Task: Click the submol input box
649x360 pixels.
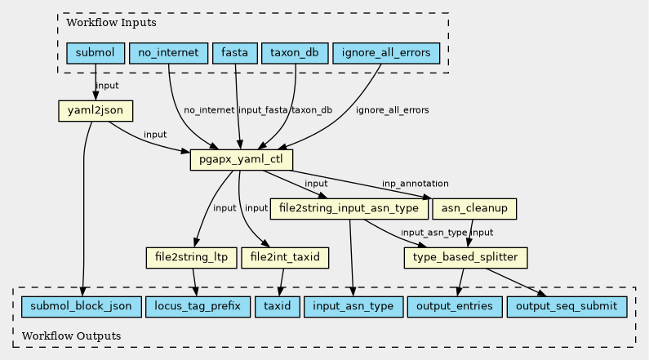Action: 96,53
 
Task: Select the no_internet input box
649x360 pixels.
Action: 168,53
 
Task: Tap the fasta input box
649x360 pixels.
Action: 234,53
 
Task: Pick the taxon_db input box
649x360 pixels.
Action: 295,53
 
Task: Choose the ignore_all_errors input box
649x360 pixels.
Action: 386,53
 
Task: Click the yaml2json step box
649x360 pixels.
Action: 96,111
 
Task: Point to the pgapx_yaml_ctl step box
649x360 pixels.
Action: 242,160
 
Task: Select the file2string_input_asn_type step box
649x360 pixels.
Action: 349,208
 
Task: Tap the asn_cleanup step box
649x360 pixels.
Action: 474,208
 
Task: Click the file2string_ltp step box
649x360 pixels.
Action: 191,258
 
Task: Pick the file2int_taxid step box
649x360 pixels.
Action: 285,258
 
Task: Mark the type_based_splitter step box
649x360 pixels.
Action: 465,258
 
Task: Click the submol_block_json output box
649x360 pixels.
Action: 81,307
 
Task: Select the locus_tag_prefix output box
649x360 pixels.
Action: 198,307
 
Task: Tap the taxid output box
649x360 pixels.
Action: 278,307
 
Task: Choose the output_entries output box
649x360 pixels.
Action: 455,307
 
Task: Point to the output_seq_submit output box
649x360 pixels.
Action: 567,307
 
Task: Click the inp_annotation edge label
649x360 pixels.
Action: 416,184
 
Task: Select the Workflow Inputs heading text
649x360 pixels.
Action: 111,22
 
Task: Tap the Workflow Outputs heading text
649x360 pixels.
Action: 71,336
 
